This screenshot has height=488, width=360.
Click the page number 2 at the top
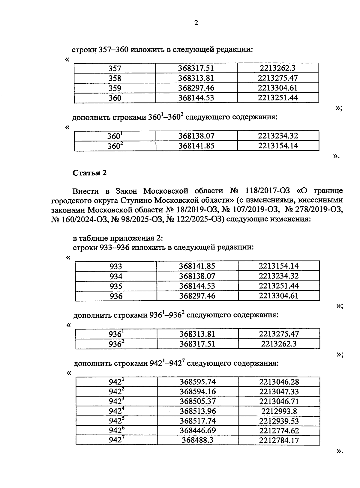tap(196, 23)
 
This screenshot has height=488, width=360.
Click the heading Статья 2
tap(90, 173)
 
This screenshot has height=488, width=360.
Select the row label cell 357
tap(115, 68)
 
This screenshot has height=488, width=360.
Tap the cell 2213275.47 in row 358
tap(277, 78)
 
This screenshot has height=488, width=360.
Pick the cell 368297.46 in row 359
tap(196, 88)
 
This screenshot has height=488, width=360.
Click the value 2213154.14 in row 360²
tap(278, 146)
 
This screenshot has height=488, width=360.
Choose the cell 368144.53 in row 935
tap(197, 286)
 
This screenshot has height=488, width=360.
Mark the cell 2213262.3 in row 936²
tap(279, 344)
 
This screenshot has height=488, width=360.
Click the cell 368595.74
tap(198, 382)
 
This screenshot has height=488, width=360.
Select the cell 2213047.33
tap(279, 391)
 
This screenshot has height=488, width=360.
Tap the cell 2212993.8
tap(279, 411)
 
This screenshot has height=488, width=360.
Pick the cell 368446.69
tap(198, 430)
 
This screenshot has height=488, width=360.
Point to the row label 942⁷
tap(116, 440)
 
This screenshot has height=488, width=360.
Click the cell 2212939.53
tap(279, 421)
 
